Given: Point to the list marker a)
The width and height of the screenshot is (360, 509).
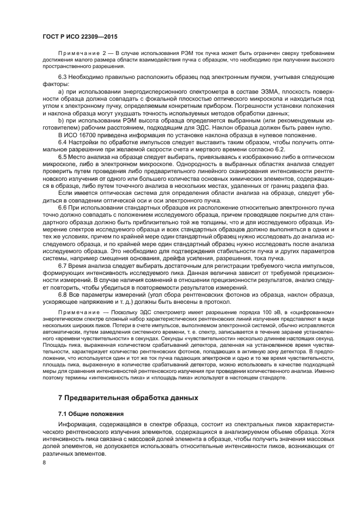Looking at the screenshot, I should pos(61,95).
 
